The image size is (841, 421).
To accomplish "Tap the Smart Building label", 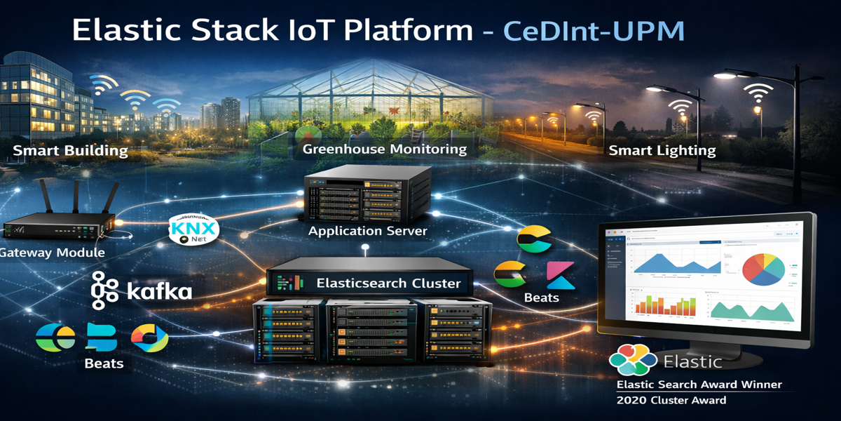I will pyautogui.click(x=70, y=151).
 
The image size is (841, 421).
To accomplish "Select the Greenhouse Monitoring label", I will pyautogui.click(x=384, y=149).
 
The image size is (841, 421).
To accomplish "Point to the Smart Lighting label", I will pyautogui.click(x=662, y=150).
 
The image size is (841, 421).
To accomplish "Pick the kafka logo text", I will pyautogui.click(x=158, y=291).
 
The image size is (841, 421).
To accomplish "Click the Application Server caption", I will pyautogui.click(x=367, y=231).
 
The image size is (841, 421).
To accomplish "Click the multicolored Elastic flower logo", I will pyautogui.click(x=633, y=360).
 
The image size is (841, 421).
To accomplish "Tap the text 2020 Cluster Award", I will pyautogui.click(x=671, y=400).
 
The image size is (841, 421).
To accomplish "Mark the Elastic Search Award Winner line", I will pyautogui.click(x=698, y=385).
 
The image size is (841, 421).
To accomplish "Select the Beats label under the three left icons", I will pyautogui.click(x=104, y=363).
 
